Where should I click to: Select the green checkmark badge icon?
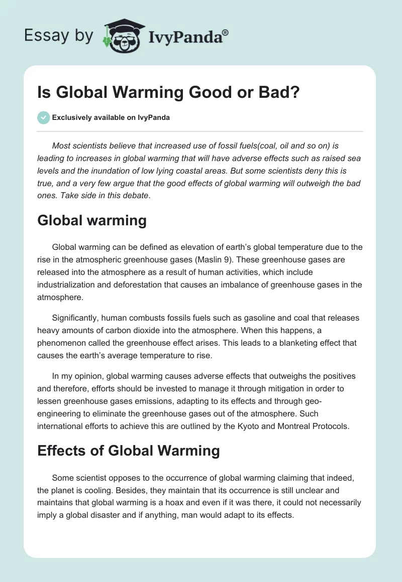[44, 117]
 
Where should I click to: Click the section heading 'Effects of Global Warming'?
[129, 450]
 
